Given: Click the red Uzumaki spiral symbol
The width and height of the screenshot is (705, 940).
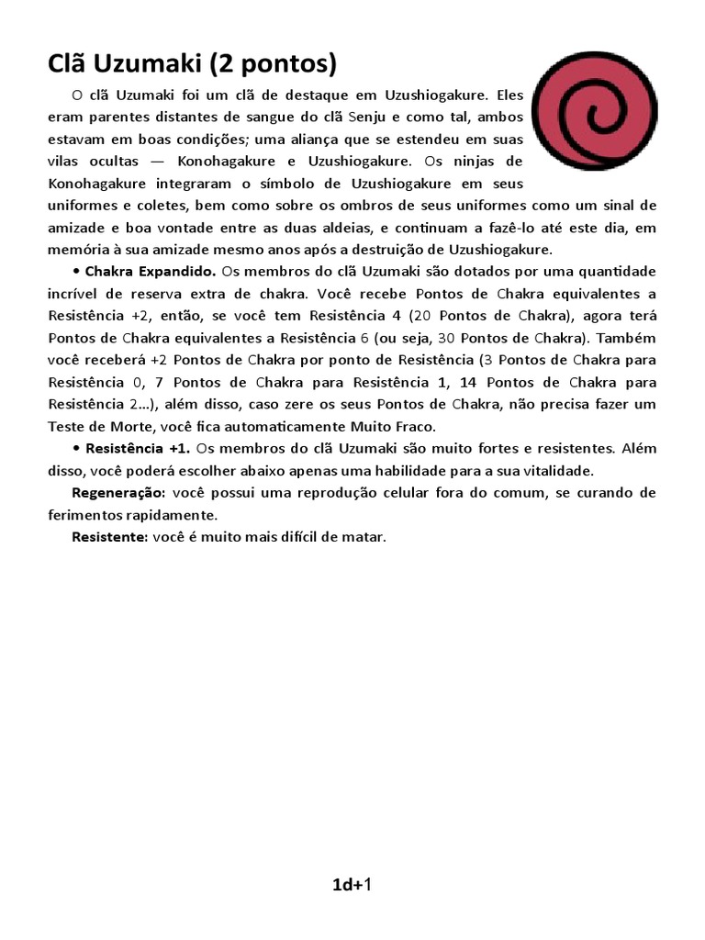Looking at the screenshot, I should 594,110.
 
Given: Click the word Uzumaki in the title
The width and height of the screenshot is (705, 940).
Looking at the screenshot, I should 150,64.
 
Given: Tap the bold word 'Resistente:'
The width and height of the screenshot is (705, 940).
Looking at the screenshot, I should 109,537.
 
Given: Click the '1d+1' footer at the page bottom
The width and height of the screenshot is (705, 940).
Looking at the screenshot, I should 352,885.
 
